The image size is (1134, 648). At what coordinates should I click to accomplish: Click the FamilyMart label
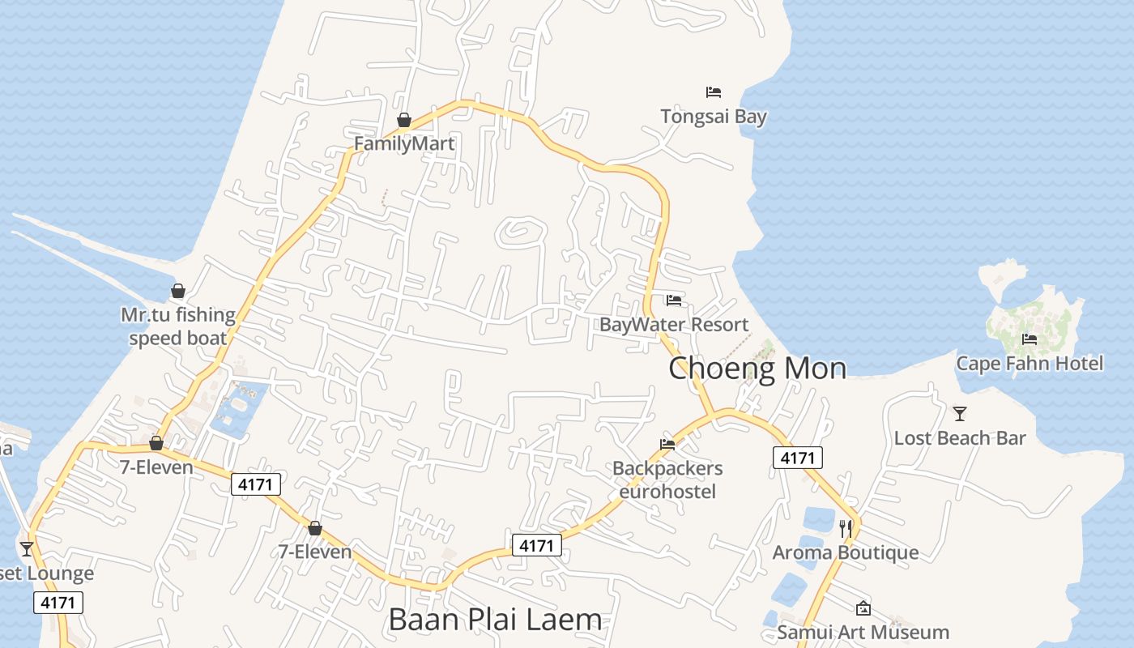click(x=404, y=144)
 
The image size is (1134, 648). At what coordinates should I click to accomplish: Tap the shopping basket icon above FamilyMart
click(x=404, y=121)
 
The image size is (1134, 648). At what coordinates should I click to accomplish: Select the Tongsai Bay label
click(x=713, y=117)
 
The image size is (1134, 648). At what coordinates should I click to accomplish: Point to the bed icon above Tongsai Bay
click(x=713, y=92)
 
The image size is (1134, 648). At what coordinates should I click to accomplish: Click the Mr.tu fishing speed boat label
click(x=178, y=326)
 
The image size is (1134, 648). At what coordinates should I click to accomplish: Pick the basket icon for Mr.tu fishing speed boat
click(x=178, y=291)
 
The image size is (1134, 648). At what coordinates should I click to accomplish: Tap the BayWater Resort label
click(x=674, y=325)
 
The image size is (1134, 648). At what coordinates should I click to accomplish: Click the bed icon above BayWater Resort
click(x=674, y=301)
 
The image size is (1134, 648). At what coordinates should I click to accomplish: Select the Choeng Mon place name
click(x=757, y=369)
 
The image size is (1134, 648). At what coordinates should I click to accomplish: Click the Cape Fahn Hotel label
click(x=1030, y=363)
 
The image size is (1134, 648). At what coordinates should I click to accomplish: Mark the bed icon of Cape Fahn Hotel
click(x=1030, y=339)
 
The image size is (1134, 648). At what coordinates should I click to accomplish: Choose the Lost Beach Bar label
click(x=960, y=438)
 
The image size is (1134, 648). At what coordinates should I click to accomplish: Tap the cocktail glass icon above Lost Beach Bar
click(x=960, y=414)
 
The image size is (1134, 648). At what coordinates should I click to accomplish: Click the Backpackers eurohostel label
click(x=667, y=480)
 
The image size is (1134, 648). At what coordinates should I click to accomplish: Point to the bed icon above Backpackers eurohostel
click(x=667, y=444)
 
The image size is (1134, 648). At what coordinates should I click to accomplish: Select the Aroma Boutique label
click(x=846, y=552)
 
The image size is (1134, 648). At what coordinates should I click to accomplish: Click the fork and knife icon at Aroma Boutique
click(x=846, y=529)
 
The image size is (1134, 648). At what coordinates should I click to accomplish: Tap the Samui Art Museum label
click(x=863, y=632)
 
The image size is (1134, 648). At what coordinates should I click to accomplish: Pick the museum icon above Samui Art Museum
click(x=863, y=607)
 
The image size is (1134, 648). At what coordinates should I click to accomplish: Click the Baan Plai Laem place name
click(x=495, y=620)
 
